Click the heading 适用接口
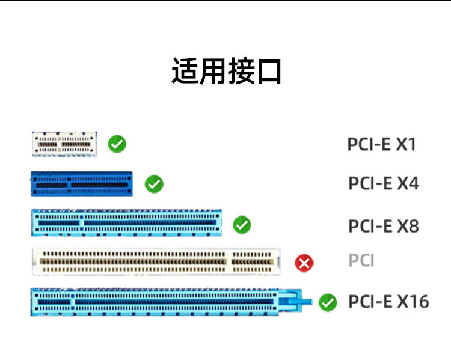226,71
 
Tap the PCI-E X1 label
381,144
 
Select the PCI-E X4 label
383,183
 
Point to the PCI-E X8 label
383,226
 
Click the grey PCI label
361,261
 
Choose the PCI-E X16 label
388,302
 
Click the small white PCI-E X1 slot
64,144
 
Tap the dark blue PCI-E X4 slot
82,184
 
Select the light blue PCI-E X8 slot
126,223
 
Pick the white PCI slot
156,262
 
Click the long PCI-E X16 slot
162,302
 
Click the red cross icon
304,263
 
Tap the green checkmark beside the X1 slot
117,144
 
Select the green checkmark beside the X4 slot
155,184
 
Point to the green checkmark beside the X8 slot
242,225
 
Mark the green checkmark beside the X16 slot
328,302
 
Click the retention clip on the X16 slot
301,299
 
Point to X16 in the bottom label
413,302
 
